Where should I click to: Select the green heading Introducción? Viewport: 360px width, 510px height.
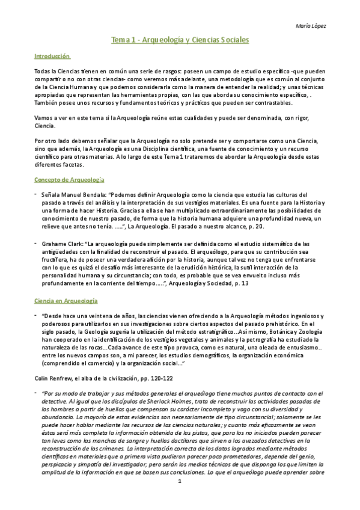52,57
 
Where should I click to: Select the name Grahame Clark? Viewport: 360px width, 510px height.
62,247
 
